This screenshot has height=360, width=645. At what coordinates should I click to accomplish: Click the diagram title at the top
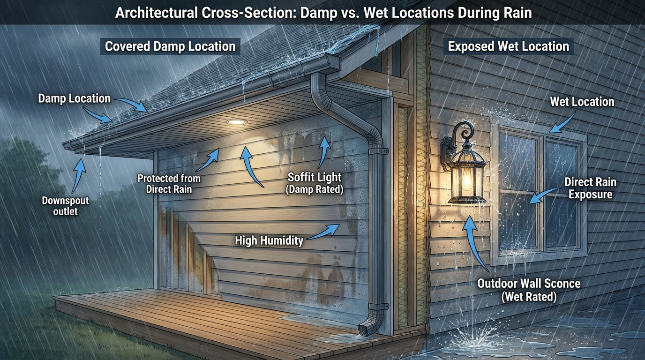[x=323, y=13]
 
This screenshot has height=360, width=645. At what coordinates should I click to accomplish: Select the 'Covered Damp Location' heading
[x=170, y=46]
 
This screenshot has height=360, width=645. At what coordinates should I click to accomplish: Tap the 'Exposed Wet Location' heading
[x=508, y=46]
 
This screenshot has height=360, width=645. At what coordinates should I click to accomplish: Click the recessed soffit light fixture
[x=236, y=122]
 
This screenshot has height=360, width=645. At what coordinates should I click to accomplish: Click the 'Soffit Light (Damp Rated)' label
[x=315, y=183]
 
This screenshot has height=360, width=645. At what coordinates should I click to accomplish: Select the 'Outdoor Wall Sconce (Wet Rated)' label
[x=528, y=290]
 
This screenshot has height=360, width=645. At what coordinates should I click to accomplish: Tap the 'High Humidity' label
[x=269, y=241]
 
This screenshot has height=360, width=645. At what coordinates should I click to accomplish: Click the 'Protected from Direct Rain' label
[x=169, y=184]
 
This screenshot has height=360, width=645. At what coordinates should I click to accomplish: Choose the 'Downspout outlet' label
[x=65, y=206]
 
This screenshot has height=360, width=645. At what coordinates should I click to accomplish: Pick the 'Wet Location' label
[x=582, y=102]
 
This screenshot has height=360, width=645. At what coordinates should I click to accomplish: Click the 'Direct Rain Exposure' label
[x=590, y=187]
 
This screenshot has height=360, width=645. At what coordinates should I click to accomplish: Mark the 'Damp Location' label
[x=74, y=98]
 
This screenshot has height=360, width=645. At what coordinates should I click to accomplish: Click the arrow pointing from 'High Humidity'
[x=323, y=231]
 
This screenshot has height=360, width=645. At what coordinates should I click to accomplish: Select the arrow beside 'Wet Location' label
[x=562, y=122]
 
